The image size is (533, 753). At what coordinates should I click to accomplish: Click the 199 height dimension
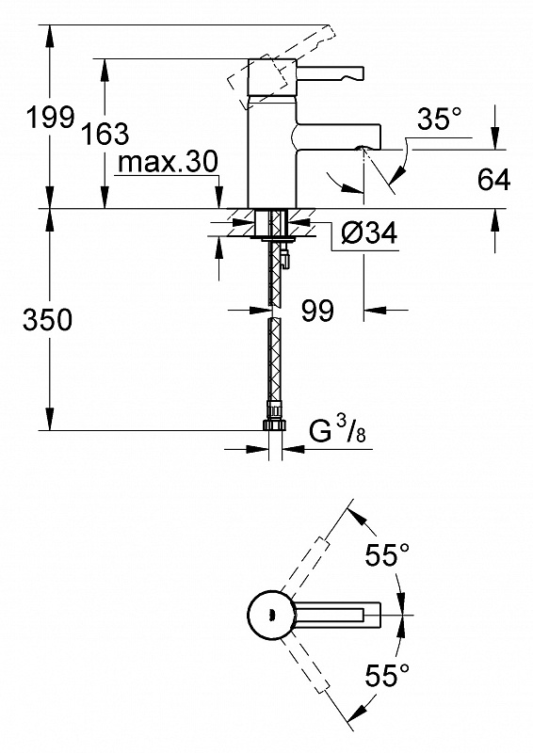point(51,117)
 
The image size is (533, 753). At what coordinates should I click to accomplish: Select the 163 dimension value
point(105,133)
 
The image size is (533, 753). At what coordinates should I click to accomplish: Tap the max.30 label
point(168,162)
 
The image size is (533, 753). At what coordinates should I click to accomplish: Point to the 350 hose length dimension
point(48,319)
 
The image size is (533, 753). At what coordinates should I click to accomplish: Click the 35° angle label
point(439,119)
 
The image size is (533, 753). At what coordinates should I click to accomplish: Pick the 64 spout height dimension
point(493,179)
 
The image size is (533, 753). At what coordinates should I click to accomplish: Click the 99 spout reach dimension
point(317,311)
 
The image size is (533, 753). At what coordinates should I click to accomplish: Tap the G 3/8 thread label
point(336,430)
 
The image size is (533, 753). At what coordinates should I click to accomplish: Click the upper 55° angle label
point(387,554)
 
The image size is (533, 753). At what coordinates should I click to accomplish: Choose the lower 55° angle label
point(387,675)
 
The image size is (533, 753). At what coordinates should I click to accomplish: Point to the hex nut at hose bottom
point(274,425)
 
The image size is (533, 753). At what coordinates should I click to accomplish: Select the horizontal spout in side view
point(336,136)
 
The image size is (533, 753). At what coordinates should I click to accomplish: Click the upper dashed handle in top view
point(305,565)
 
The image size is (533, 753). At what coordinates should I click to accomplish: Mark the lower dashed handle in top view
point(305,666)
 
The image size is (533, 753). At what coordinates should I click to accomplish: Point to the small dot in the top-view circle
point(270,616)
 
